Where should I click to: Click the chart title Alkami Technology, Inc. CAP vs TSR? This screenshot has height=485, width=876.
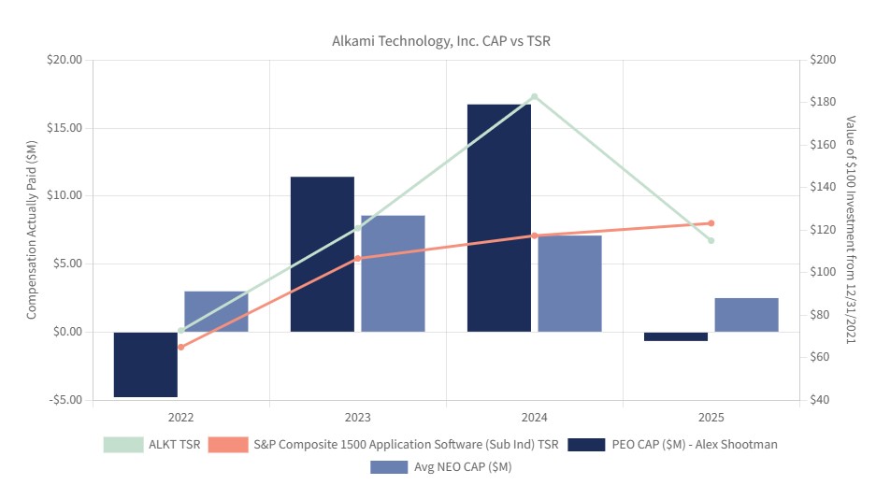tap(440, 41)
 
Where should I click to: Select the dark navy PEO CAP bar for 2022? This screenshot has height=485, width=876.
tap(146, 364)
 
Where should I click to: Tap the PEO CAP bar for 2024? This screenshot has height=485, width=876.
tap(499, 219)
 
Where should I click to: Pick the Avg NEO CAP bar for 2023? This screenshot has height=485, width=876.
tap(393, 274)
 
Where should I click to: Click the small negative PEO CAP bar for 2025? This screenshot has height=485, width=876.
tap(676, 336)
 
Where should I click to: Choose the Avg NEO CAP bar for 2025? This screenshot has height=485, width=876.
tap(746, 315)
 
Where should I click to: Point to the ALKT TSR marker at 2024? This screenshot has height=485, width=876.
tap(535, 96)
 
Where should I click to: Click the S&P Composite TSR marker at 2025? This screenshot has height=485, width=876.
tap(711, 223)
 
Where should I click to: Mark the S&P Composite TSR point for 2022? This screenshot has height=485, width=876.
tap(181, 347)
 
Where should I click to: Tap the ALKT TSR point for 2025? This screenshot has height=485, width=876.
tap(711, 240)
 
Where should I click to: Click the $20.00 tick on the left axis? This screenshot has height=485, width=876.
tap(65, 60)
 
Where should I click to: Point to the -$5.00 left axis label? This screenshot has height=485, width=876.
tap(65, 400)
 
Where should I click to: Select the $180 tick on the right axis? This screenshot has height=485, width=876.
tap(823, 102)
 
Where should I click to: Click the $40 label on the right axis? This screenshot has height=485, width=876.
tap(820, 400)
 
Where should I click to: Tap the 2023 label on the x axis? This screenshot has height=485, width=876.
tap(357, 418)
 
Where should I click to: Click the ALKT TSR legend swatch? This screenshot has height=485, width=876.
tap(123, 445)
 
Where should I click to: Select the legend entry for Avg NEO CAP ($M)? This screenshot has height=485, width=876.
tap(440, 467)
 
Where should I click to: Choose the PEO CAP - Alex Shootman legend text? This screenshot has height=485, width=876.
tap(695, 444)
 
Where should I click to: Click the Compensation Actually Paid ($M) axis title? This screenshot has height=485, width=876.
tap(31, 230)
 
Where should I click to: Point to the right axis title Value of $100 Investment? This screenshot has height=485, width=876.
tap(851, 229)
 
